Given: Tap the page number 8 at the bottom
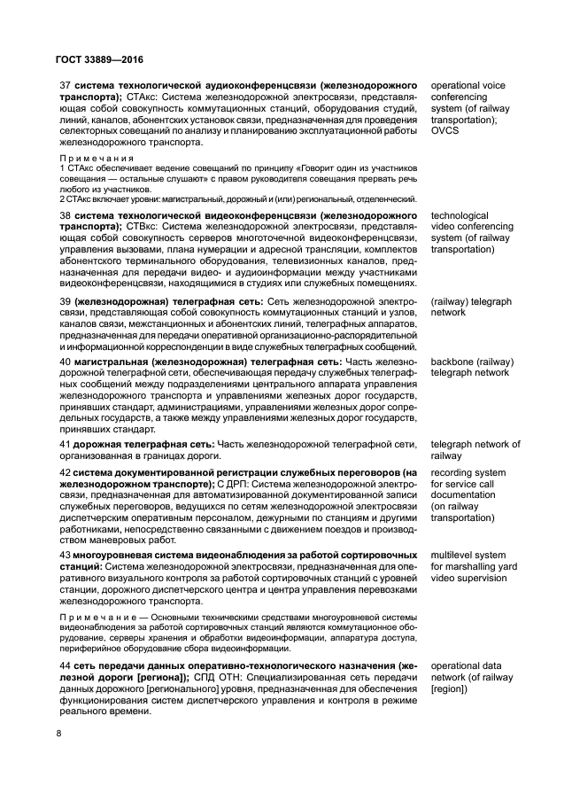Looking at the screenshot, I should (x=58, y=733).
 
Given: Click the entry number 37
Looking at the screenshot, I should (x=64, y=85).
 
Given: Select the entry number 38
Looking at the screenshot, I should (x=64, y=215).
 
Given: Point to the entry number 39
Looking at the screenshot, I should (x=64, y=301).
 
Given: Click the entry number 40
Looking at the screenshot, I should (x=64, y=362).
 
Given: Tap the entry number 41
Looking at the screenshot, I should (x=64, y=443).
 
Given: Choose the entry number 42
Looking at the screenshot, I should (x=64, y=473).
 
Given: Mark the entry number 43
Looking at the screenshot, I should (x=64, y=553).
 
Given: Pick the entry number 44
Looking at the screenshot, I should (x=64, y=665).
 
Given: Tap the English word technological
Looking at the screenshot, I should (x=460, y=215).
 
